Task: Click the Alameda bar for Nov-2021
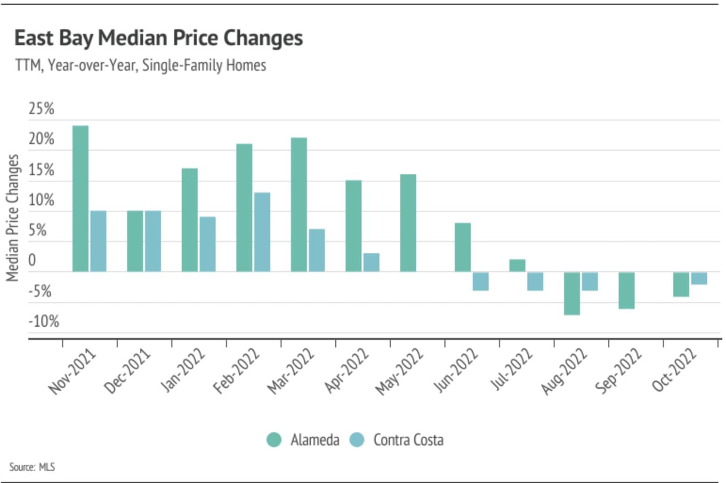click(81, 199)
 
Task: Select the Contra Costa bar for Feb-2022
click(262, 232)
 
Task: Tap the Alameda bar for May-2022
click(408, 223)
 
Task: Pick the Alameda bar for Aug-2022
click(572, 293)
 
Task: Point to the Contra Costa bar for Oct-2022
click(699, 278)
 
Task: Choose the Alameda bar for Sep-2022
click(627, 290)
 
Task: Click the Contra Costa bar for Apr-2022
click(371, 263)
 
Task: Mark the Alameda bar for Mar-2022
click(299, 205)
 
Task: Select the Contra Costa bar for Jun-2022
click(481, 282)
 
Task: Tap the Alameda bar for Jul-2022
click(517, 266)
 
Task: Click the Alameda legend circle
click(274, 440)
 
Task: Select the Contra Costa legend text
click(408, 440)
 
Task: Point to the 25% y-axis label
click(41, 109)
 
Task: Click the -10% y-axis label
click(44, 322)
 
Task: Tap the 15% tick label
click(41, 170)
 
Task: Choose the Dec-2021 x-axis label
click(127, 371)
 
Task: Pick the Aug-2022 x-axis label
click(564, 371)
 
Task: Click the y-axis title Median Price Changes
click(13, 217)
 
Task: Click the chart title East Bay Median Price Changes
click(159, 38)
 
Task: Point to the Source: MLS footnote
click(32, 467)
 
